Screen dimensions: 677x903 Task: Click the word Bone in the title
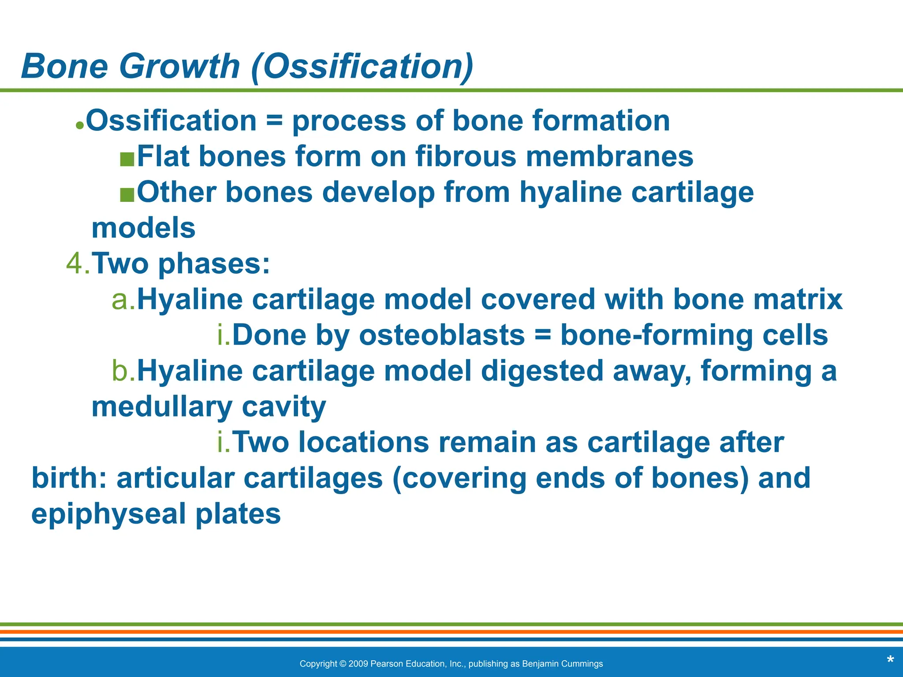tap(64, 66)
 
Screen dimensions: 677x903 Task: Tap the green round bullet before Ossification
tap(79, 125)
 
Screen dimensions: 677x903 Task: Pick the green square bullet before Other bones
tap(127, 194)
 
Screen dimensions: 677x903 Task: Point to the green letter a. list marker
tap(123, 300)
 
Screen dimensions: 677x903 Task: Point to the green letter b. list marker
tap(123, 371)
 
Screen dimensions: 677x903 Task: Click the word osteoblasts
tap(442, 335)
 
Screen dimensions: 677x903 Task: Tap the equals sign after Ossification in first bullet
tap(274, 121)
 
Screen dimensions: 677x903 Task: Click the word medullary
tap(161, 407)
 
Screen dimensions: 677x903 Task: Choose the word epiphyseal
tap(108, 514)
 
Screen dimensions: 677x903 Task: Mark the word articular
tap(175, 478)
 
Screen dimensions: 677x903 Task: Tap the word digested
tap(542, 371)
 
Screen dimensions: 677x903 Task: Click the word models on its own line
tap(143, 228)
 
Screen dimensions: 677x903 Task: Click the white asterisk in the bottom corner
tap(890, 660)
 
